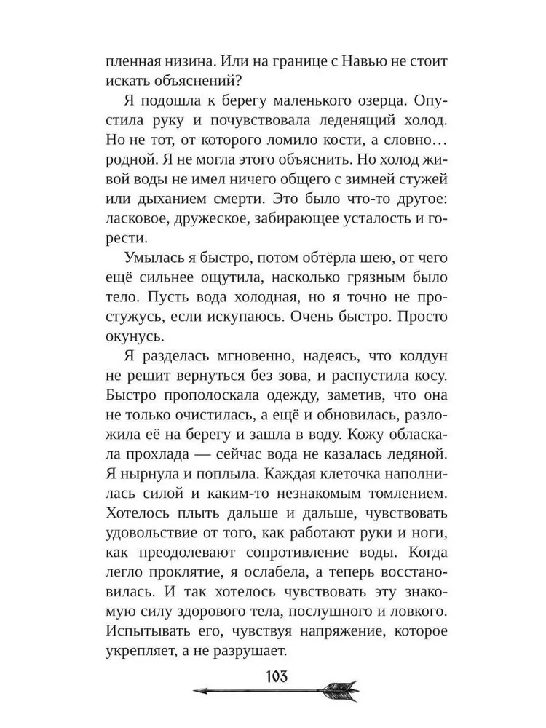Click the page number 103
click(274, 673)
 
